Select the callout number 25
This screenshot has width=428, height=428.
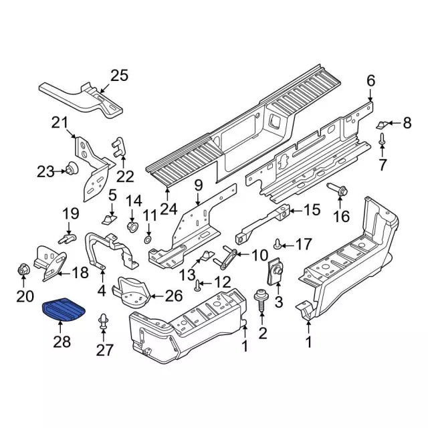[x=118, y=76]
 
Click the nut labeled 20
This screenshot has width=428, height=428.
[x=22, y=271]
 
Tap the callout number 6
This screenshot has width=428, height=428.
[x=370, y=82]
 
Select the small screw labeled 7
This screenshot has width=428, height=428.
[x=381, y=141]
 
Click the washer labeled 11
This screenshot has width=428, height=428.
[x=148, y=239]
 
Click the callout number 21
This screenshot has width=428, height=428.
[x=61, y=122]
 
